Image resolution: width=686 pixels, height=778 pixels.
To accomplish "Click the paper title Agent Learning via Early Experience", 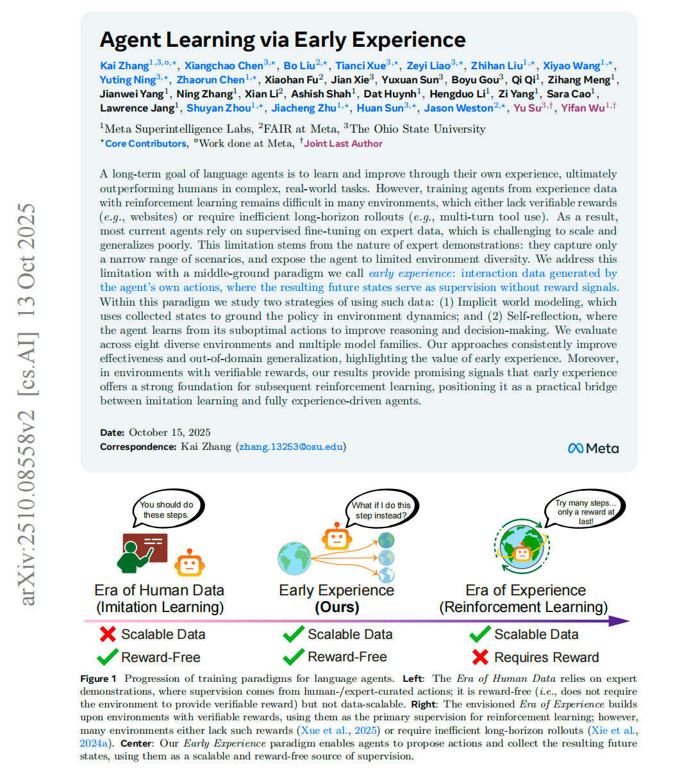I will tap(283, 40).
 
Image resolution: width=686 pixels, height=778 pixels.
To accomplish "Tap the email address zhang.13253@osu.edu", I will tap(291, 447).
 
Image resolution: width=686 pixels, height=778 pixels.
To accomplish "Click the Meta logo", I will tap(593, 449).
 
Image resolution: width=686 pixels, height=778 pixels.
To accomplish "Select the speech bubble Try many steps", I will tap(585, 511).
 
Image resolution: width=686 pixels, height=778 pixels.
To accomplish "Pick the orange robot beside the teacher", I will tap(189, 562).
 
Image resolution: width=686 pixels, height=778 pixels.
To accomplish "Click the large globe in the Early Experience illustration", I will tap(294, 558).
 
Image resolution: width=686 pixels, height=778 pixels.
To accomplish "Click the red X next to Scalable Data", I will tap(107, 634).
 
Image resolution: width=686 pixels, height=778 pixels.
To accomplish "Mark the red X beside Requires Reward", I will tap(480, 657).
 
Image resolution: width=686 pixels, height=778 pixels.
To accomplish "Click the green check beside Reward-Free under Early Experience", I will tap(294, 657).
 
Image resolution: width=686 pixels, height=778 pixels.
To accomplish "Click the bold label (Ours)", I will tap(337, 607).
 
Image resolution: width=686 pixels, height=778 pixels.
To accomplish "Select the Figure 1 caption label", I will tap(98, 679).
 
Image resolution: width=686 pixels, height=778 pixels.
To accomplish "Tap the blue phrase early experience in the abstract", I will tap(410, 274).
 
